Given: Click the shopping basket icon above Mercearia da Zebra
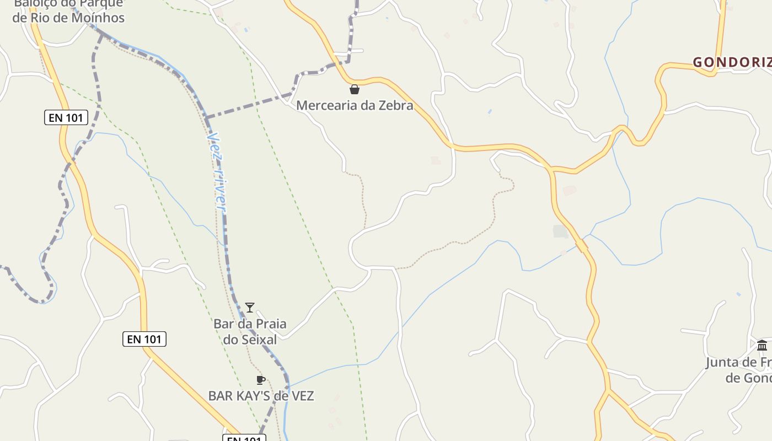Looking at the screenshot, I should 355,89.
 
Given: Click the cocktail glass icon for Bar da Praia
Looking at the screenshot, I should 250,308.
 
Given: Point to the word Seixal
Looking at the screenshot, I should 258,340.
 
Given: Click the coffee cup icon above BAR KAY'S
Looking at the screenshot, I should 261,380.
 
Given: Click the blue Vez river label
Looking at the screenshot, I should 217,171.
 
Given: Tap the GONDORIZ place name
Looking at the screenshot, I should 731,62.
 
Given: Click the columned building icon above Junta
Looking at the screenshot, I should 762,346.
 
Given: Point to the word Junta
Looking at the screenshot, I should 723,362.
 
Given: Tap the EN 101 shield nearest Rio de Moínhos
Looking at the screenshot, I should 66,117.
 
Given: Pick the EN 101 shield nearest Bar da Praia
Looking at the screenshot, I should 144,339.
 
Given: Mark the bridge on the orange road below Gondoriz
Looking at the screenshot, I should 581,245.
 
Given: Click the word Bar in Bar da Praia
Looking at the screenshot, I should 224,324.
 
